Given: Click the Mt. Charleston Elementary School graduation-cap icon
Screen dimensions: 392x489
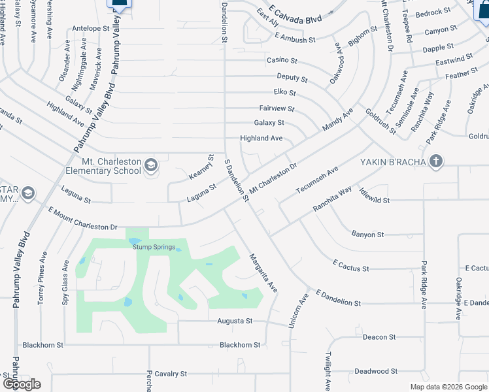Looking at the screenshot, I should tap(151, 164).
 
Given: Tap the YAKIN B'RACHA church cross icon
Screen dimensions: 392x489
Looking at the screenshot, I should tap(436, 161).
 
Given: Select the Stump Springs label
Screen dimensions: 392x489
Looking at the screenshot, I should tap(152, 246).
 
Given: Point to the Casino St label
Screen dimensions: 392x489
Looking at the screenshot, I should tap(282, 60).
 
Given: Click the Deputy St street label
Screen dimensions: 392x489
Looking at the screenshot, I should tap(292, 77).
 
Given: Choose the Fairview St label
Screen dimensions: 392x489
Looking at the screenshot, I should tap(277, 108).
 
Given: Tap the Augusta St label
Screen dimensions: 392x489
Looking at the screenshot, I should tap(235, 321).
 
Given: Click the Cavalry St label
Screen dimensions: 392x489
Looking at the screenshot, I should tap(171, 374).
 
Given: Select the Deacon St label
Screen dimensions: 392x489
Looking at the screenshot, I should tap(379, 337).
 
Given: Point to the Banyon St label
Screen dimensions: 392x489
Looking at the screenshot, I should tap(367, 234).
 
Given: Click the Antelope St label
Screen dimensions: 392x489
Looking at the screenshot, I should tap(91, 29).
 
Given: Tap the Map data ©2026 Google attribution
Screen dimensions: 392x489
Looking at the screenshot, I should tap(448, 387).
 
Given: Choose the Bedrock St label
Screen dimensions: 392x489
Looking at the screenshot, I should tap(433, 12).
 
